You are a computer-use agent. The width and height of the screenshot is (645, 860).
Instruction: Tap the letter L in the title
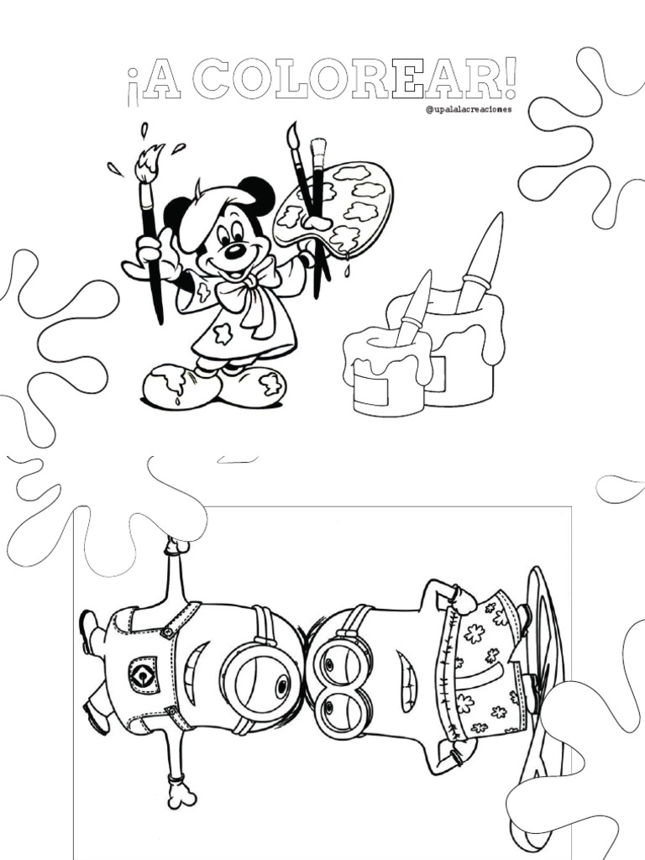(x=292, y=81)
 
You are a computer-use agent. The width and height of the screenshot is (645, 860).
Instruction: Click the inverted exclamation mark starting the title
(x=131, y=87)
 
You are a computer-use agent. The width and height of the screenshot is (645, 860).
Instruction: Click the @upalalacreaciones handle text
(x=469, y=109)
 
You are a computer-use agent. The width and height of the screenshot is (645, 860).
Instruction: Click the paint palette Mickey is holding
(x=333, y=208)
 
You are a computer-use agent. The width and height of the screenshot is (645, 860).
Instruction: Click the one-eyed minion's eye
(x=282, y=685)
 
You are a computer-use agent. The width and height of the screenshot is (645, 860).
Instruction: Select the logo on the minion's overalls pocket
(x=144, y=674)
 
